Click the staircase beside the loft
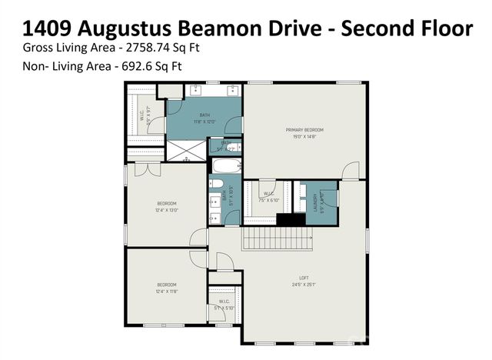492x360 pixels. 278,238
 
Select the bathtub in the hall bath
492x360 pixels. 226,165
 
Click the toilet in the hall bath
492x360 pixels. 217,184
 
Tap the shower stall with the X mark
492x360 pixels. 187,150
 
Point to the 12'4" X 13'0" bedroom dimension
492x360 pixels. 167,210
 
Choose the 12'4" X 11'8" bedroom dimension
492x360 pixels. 167,291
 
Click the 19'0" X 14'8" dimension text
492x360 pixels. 304,136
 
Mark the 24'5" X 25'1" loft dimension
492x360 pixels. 304,284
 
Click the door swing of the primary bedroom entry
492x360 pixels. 351,172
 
